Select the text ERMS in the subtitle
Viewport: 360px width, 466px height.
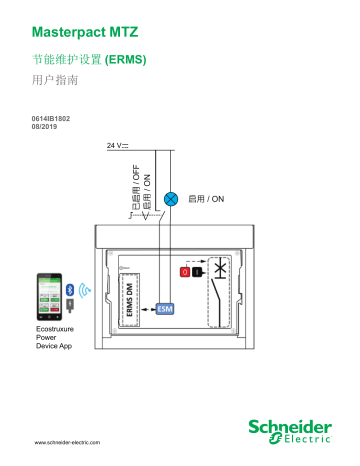click(x=128, y=61)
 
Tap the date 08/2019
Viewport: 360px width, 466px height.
click(x=47, y=128)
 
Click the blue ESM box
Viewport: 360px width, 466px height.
click(x=167, y=309)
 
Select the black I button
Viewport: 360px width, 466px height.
click(x=197, y=271)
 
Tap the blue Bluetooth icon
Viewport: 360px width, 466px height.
click(x=69, y=289)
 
